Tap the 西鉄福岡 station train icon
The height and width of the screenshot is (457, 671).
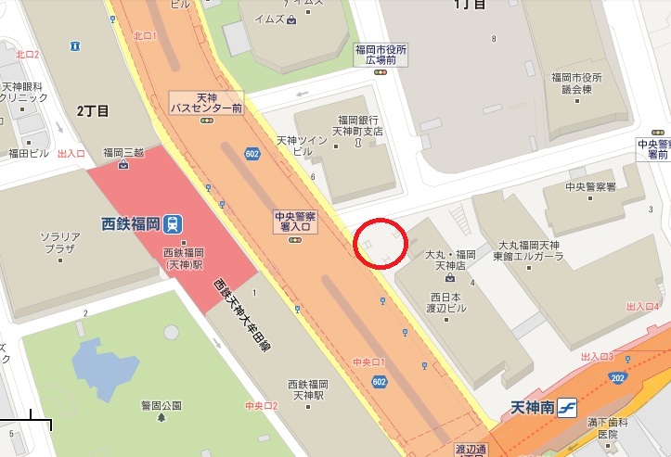point(172,223)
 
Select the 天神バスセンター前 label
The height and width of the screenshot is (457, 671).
point(206,102)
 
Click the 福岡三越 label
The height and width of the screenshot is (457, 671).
point(124,152)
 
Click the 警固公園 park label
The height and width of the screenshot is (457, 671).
point(161,405)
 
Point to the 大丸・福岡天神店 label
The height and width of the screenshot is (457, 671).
point(450,260)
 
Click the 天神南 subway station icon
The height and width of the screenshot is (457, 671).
point(565,406)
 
